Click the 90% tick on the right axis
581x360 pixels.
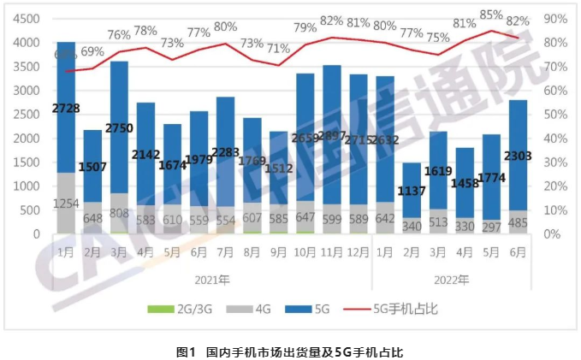coord(556,19)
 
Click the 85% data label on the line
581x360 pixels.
coord(490,15)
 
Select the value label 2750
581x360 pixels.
coord(119,127)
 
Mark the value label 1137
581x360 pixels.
coord(411,191)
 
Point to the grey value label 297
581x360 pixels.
coord(490,226)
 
